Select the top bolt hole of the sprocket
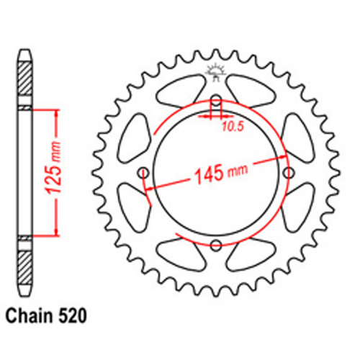216,99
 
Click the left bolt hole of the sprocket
143,173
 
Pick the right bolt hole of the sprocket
289,173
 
